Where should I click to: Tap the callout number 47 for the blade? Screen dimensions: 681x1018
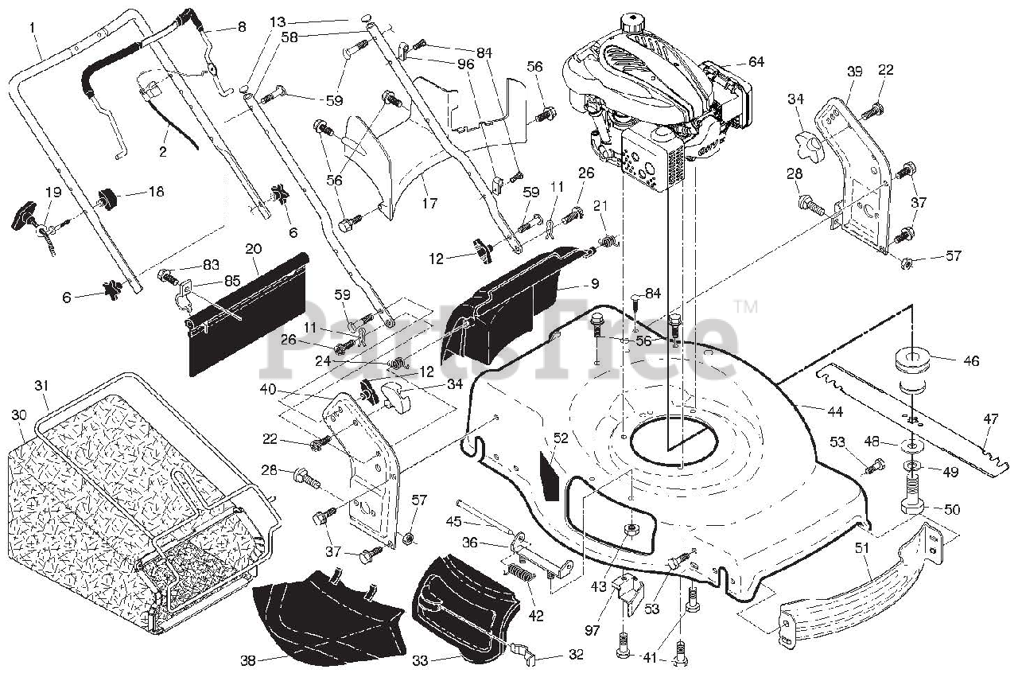(x=990, y=418)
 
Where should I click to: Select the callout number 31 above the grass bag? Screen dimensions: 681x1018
(x=42, y=385)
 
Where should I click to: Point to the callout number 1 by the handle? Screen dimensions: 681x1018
(x=33, y=28)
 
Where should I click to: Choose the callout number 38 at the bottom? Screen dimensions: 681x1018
(x=249, y=660)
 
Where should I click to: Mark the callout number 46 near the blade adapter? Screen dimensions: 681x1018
(x=971, y=360)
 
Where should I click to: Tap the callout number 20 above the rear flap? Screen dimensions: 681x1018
(x=254, y=248)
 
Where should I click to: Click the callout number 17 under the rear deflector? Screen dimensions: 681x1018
(x=429, y=204)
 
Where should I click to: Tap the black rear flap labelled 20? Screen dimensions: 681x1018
(x=247, y=314)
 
